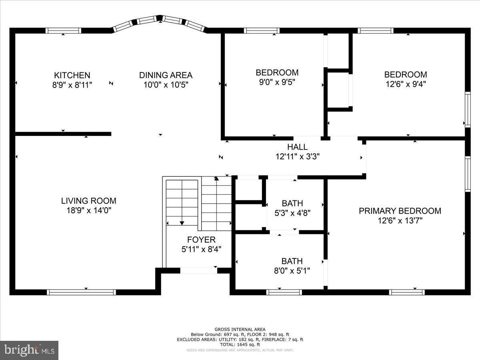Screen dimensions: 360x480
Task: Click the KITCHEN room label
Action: (x=72, y=75)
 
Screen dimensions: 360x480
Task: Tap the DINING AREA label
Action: (x=166, y=75)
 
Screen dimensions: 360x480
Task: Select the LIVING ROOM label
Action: (x=89, y=201)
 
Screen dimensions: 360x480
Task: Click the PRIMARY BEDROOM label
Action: (x=400, y=211)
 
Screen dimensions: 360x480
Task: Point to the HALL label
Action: (x=297, y=147)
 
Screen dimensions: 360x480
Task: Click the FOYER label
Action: (x=201, y=240)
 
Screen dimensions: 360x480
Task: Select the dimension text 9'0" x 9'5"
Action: (x=277, y=82)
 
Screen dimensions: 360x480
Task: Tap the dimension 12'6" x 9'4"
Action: (x=405, y=84)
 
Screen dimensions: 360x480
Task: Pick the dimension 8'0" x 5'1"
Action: (x=292, y=271)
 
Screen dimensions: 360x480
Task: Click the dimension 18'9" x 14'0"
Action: (x=89, y=211)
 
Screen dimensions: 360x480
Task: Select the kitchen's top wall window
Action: (x=63, y=30)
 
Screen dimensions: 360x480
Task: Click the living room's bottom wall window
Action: (x=82, y=292)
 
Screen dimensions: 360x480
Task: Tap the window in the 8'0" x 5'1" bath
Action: (x=284, y=292)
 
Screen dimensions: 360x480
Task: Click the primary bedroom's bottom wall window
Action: (x=407, y=292)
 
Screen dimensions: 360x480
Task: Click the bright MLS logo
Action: (x=29, y=350)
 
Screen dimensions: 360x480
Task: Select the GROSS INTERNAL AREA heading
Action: (x=240, y=329)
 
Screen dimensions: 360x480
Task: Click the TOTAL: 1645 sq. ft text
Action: (x=240, y=344)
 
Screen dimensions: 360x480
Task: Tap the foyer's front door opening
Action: (x=198, y=271)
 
